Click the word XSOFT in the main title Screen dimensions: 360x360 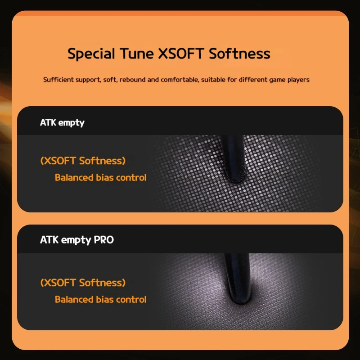click(x=181, y=54)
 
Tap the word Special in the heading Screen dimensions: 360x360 click(x=91, y=54)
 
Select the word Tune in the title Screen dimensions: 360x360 click(x=137, y=54)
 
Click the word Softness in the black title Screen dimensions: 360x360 click(x=239, y=54)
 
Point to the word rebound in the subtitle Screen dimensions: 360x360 click(x=132, y=80)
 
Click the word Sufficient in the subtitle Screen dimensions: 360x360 click(x=58, y=80)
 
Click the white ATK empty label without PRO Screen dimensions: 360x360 click(x=62, y=122)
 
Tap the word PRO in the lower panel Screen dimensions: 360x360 click(x=104, y=240)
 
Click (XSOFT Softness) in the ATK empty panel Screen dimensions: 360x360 click(x=83, y=161)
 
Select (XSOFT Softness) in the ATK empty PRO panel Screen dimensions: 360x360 click(x=83, y=283)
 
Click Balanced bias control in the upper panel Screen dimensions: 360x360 click(x=100, y=177)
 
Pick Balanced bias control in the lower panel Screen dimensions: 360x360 click(x=100, y=299)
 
